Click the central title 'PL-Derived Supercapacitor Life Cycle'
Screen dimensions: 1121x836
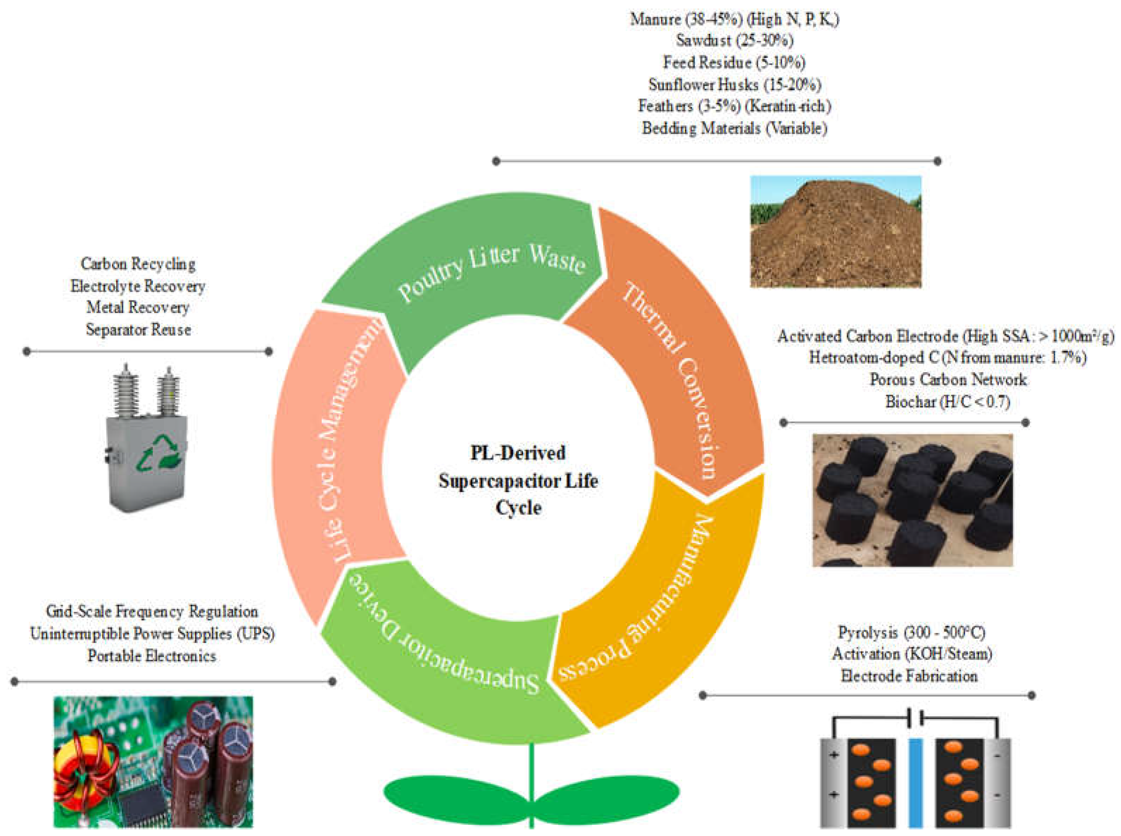click(x=518, y=480)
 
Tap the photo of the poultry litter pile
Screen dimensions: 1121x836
click(x=835, y=231)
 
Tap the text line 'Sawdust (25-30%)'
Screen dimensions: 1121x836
click(x=734, y=40)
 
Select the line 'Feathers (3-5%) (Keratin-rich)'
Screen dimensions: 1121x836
click(x=734, y=106)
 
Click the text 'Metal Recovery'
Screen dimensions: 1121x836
click(x=138, y=307)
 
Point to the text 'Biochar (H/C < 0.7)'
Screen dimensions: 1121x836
click(x=948, y=402)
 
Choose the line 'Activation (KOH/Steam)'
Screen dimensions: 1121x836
click(x=912, y=654)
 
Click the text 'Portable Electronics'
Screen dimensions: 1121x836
click(x=152, y=656)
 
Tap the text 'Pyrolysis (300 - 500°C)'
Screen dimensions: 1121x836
click(x=912, y=632)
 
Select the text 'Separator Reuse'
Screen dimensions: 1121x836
click(x=138, y=330)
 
